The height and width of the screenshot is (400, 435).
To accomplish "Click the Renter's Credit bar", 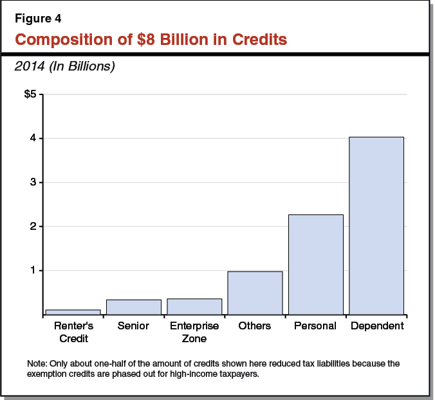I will click(73, 312).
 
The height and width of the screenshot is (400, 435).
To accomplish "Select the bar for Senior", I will click(133, 307).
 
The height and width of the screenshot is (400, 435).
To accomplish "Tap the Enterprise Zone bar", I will click(194, 306).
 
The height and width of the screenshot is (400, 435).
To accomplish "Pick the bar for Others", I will click(255, 293).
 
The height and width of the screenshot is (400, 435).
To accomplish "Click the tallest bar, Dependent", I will click(376, 225).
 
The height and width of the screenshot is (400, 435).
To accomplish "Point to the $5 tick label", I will click(32, 95).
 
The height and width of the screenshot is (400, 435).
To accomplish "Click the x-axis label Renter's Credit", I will click(73, 331).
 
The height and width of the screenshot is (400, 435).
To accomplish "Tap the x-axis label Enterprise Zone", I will click(194, 331).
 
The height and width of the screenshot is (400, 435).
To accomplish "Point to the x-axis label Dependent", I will click(377, 326).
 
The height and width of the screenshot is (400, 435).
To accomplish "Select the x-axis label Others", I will click(255, 326).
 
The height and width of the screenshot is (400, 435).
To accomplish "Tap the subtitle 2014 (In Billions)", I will click(64, 66).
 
